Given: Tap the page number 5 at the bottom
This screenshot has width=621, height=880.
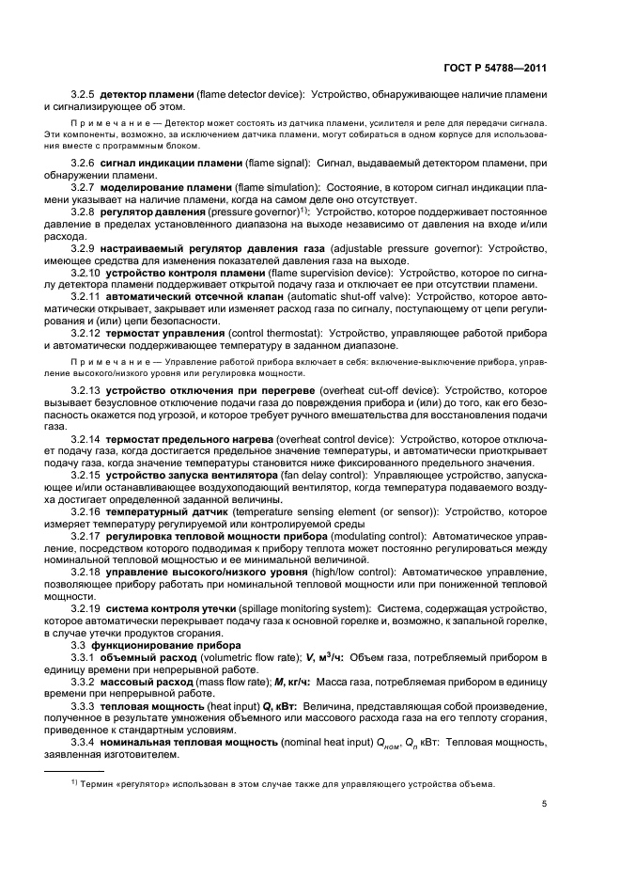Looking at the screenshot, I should click(545, 803).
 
